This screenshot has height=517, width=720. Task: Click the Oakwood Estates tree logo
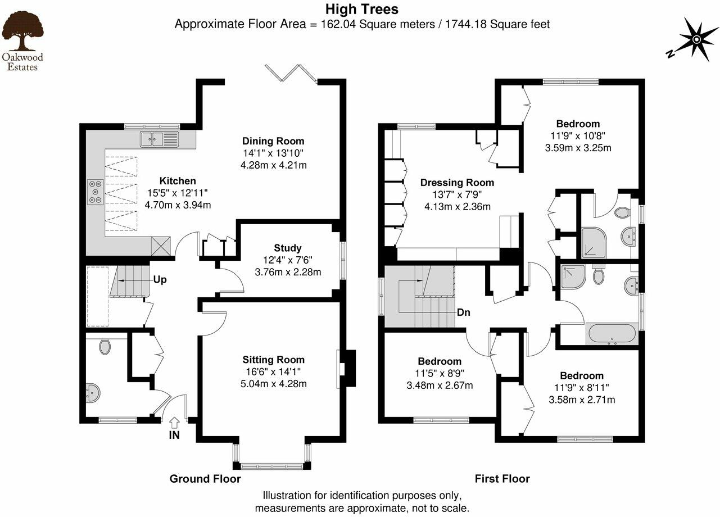(22, 33)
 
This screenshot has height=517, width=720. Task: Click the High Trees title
(362, 10)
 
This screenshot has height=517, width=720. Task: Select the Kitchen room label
(178, 181)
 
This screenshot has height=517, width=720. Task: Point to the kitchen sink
(159, 139)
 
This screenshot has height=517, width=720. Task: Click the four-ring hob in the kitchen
(95, 191)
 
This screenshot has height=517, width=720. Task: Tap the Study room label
(288, 248)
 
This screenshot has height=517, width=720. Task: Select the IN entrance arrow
(174, 422)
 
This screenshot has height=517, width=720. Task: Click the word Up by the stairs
(160, 279)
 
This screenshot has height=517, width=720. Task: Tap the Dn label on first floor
(464, 312)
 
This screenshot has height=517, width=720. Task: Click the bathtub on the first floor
(612, 334)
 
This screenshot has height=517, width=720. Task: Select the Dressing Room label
(457, 183)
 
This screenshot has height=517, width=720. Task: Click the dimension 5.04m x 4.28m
(274, 384)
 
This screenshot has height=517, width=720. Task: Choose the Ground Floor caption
(205, 479)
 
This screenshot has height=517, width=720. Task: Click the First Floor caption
(502, 479)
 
